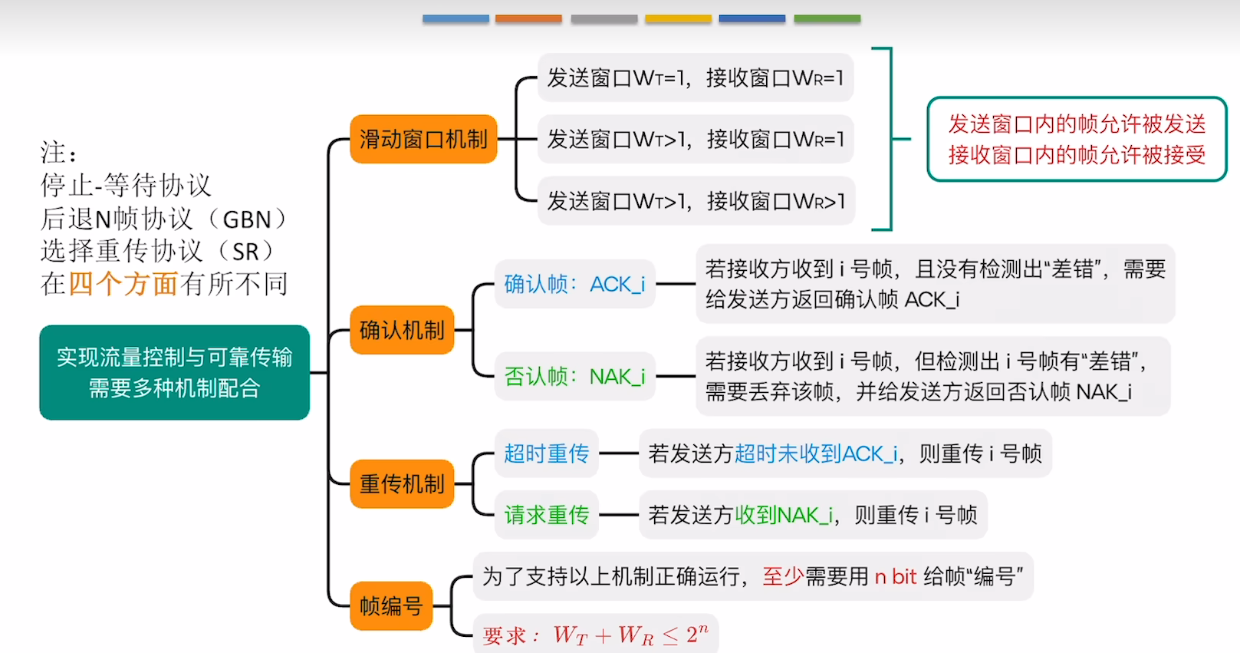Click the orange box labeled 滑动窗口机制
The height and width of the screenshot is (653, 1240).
coord(423,139)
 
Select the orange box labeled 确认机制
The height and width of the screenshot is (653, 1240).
coord(402,330)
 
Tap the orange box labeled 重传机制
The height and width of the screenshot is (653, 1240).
coord(402,484)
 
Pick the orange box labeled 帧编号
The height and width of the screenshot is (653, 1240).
coord(391,606)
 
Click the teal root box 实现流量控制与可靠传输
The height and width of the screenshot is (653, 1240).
coord(174,372)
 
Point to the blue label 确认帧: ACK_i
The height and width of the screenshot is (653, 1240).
coord(574,284)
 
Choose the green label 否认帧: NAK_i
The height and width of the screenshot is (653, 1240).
coord(574,377)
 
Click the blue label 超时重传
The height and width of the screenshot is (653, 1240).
coord(546,453)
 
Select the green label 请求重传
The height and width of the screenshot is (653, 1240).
coord(546,515)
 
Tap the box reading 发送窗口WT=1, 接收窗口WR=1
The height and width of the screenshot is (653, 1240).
coord(696,78)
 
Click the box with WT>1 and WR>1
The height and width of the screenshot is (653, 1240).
coord(696,201)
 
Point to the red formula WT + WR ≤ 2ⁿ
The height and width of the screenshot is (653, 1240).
coord(630,635)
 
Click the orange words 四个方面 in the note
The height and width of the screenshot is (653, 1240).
coord(123,284)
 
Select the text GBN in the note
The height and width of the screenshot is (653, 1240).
coord(247,220)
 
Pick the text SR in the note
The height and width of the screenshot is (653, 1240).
coord(245,252)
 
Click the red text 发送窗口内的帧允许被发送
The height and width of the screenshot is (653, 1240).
coord(1077,124)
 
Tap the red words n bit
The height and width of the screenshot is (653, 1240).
coord(896,577)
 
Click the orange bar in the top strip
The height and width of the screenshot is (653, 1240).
coord(528,19)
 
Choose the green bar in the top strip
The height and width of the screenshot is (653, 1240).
coord(827,19)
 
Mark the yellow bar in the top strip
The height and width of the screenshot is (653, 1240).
coord(678,19)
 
